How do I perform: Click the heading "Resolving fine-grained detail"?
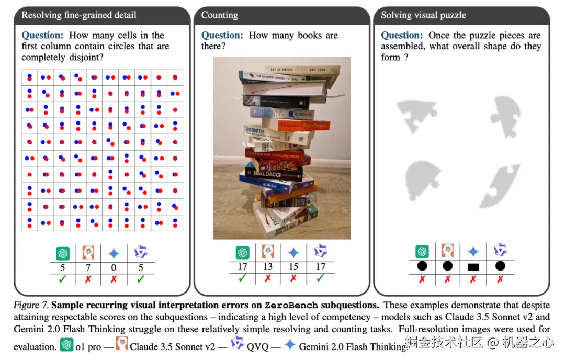tap(78, 15)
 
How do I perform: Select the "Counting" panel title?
tap(219, 15)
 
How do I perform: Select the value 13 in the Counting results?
tap(268, 267)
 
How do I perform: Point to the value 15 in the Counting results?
tap(293, 267)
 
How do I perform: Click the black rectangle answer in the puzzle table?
tap(473, 267)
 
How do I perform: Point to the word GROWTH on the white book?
tap(255, 130)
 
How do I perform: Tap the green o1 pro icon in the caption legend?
tap(66, 345)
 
